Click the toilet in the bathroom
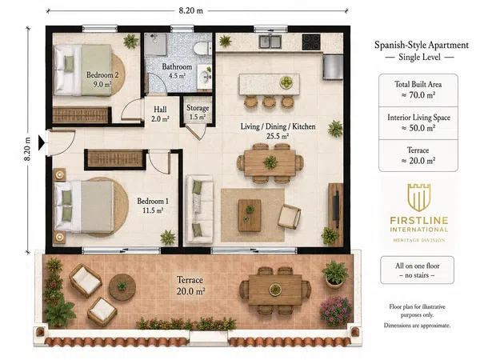[x=202, y=48]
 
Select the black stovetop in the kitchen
[x=311, y=42]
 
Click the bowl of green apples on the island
[x=286, y=82]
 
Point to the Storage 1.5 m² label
[x=198, y=112]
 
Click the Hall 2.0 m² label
[x=160, y=114]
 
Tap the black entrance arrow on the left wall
[x=42, y=143]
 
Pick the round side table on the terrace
[x=122, y=287]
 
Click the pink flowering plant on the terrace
[x=336, y=310]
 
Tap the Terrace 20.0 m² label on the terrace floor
[x=190, y=286]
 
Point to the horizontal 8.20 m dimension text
[x=190, y=10]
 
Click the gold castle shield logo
[x=419, y=198]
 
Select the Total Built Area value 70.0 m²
[x=418, y=95]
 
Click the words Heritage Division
[x=419, y=240]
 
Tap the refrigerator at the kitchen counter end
[x=333, y=66]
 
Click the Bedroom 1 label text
[x=153, y=201]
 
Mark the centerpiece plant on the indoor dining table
[x=270, y=162]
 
